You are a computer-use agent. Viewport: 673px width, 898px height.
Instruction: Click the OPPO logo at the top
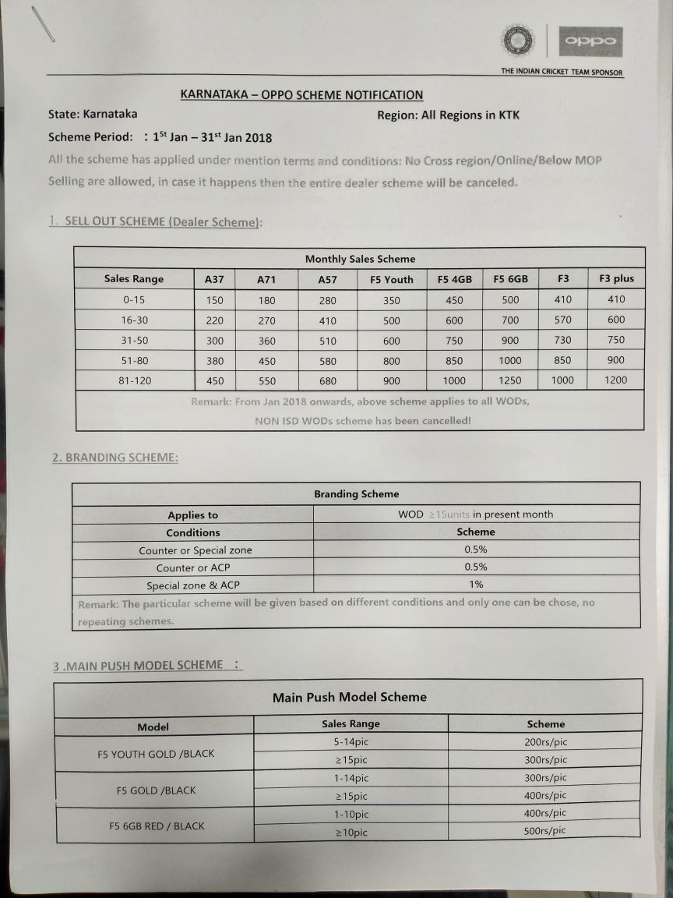(591, 41)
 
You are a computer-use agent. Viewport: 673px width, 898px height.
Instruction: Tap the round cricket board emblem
(517, 40)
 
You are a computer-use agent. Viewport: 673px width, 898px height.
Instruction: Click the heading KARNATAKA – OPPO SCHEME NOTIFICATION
(301, 95)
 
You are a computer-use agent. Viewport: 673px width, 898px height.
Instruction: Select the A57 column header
(328, 279)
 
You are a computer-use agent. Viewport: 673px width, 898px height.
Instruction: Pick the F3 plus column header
(616, 278)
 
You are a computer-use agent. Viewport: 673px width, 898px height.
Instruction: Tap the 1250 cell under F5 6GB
(510, 380)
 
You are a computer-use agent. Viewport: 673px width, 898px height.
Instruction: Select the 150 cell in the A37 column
(215, 300)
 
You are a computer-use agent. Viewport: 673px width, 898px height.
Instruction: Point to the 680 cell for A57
(328, 381)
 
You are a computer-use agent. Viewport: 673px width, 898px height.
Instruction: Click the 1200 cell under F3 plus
(616, 380)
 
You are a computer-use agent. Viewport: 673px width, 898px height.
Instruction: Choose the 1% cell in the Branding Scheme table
(476, 584)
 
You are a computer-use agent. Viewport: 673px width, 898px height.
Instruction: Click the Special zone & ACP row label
(193, 585)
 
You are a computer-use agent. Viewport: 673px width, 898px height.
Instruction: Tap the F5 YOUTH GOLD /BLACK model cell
(156, 754)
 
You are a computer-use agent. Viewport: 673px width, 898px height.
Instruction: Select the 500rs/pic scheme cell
(545, 831)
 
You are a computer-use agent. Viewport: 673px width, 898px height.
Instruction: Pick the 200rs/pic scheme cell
(545, 742)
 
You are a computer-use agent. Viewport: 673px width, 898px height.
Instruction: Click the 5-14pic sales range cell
(351, 742)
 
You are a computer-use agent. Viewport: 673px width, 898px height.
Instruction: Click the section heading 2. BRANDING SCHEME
(115, 458)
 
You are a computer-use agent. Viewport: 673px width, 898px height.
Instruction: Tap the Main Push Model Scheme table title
(349, 697)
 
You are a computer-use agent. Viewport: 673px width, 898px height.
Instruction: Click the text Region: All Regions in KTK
(448, 115)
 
